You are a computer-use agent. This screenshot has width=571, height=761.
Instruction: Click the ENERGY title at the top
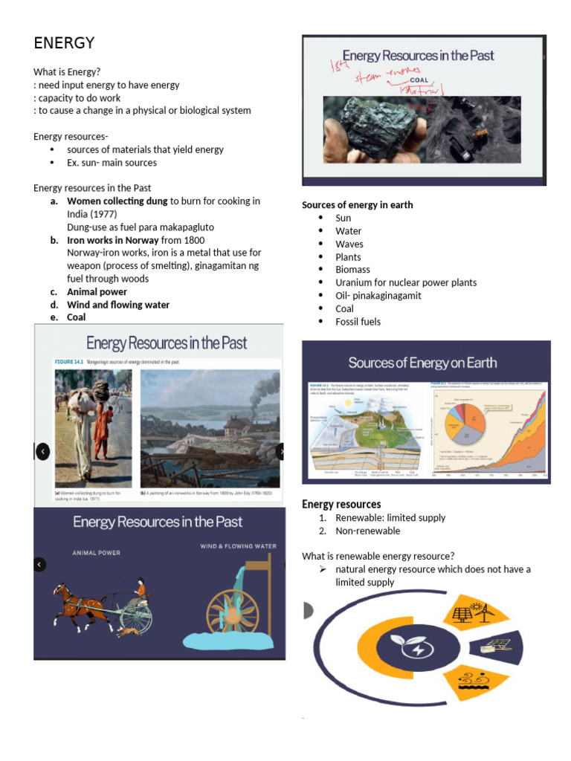pyautogui.click(x=64, y=43)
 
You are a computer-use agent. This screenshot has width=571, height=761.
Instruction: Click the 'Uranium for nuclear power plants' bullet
pyautogui.click(x=405, y=282)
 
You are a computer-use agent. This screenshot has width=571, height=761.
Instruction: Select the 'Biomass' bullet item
pyautogui.click(x=352, y=270)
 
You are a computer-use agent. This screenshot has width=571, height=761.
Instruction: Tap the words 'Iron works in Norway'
pyautogui.click(x=113, y=240)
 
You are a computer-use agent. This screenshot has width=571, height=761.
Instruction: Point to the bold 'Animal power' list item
pyautogui.click(x=97, y=292)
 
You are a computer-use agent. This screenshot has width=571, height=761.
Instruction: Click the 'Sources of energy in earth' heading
pyautogui.click(x=357, y=205)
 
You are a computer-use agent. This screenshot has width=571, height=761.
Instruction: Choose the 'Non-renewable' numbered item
pyautogui.click(x=367, y=531)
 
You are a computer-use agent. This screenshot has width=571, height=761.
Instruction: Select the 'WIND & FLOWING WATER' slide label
pyautogui.click(x=238, y=546)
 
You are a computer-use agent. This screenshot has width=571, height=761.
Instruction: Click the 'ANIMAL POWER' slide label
pyautogui.click(x=96, y=553)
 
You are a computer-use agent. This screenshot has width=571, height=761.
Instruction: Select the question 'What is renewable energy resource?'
pyautogui.click(x=378, y=556)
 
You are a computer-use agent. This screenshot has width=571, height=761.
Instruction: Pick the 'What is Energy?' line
pyautogui.click(x=67, y=72)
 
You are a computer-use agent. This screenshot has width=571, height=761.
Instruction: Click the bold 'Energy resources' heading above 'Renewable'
pyautogui.click(x=341, y=505)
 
